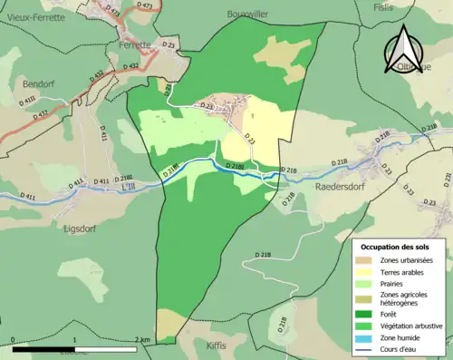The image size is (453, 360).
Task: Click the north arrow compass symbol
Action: (x=402, y=47)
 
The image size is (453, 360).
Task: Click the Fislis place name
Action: (x=384, y=7)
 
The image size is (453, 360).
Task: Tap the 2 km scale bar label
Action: (x=140, y=339)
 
